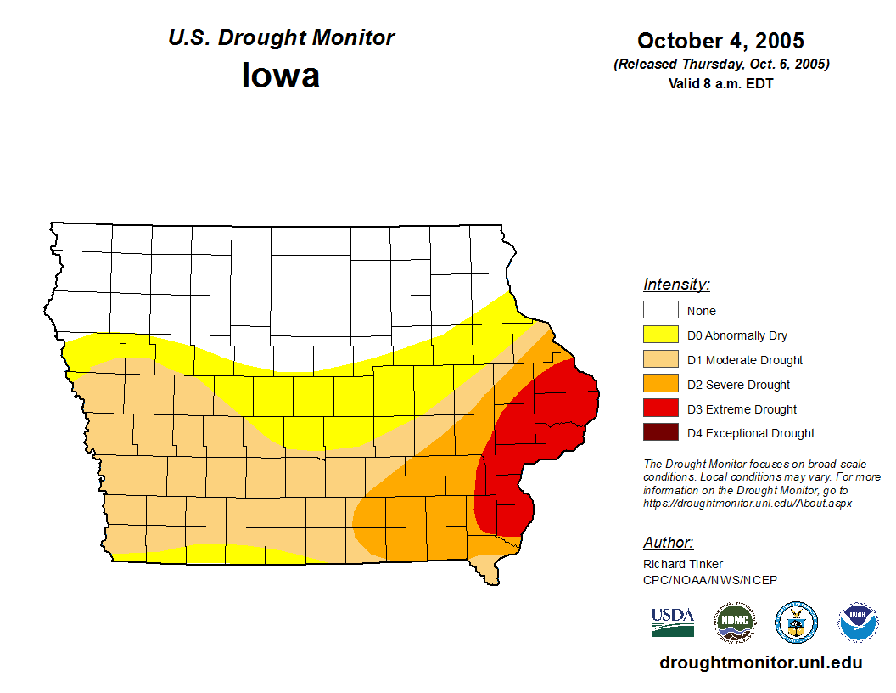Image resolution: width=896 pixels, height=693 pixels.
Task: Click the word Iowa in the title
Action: pos(281,76)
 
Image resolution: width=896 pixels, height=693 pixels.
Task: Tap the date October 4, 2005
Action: pos(720,41)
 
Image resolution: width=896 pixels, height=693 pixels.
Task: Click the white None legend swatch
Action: pos(660,310)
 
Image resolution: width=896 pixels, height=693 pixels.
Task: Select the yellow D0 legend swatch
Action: pos(660,335)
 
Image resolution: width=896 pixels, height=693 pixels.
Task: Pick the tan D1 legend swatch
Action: pos(660,359)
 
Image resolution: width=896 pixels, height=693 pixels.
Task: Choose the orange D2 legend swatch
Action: pos(660,384)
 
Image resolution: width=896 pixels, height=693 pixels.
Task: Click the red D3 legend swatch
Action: pos(660,408)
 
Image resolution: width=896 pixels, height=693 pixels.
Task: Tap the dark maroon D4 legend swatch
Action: pos(660,433)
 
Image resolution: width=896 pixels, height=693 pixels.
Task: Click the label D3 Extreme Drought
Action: pos(742,409)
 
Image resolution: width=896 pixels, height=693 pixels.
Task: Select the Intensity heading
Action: pos(676,285)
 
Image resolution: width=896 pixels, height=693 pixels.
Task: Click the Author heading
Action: pos(669,543)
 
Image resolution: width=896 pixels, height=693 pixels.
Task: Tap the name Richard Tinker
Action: pos(683,564)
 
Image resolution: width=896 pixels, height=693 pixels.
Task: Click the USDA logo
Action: pos(673,622)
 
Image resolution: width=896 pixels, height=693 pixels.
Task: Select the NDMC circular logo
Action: pos(734,623)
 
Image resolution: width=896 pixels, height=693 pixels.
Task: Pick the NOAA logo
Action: pos(858,623)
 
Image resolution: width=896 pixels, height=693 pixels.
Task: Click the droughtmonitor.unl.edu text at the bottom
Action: pos(760,663)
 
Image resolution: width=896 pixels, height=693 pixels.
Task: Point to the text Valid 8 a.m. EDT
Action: pos(720,83)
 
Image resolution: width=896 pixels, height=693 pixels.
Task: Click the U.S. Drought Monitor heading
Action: pos(281,38)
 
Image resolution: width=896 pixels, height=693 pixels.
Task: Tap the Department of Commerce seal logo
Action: pos(797,623)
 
